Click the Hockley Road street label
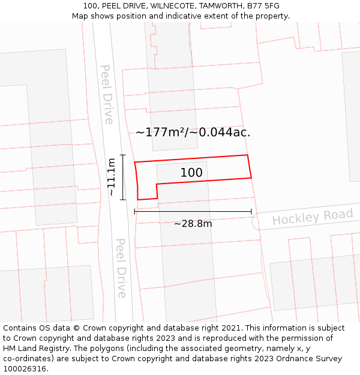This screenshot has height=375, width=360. [x=312, y=217]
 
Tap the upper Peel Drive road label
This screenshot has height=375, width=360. [x=107, y=94]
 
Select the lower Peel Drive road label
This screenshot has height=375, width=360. [x=121, y=268]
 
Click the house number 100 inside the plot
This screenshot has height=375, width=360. [x=191, y=173]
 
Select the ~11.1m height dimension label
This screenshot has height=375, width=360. [x=112, y=177]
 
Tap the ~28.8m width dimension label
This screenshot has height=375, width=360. [x=193, y=224]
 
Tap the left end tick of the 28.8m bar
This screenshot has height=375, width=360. [x=134, y=211]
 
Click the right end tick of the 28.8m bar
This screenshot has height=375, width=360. [x=251, y=211]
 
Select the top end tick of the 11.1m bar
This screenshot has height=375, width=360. [x=122, y=155]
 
